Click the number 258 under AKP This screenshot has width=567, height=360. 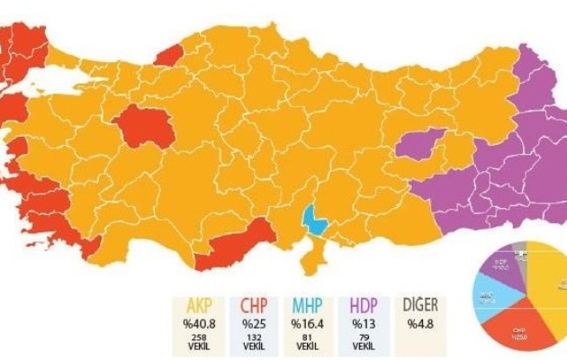(x=200, y=337)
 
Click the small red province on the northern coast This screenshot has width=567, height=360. (x=167, y=55)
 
